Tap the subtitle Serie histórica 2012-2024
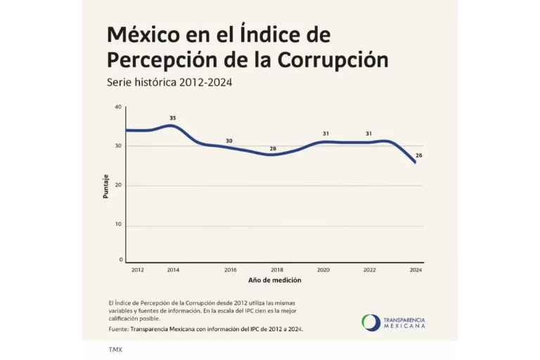coord(169,82)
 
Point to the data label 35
coord(172,117)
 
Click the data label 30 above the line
coord(229,141)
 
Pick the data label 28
coord(273,148)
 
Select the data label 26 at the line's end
coord(419,155)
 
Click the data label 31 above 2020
coord(326,134)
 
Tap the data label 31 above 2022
coord(368,134)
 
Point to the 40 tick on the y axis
coord(118,107)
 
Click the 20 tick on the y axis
coord(118,185)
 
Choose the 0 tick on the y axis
coord(120,260)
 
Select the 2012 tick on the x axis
coord(137,270)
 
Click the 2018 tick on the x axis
coord(276,270)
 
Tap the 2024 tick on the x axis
coord(416,270)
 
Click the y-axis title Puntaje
coord(106,186)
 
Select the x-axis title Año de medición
coord(274,280)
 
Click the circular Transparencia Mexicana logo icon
coord(371,323)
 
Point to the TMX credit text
coord(115,349)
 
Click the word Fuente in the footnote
coord(119,329)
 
